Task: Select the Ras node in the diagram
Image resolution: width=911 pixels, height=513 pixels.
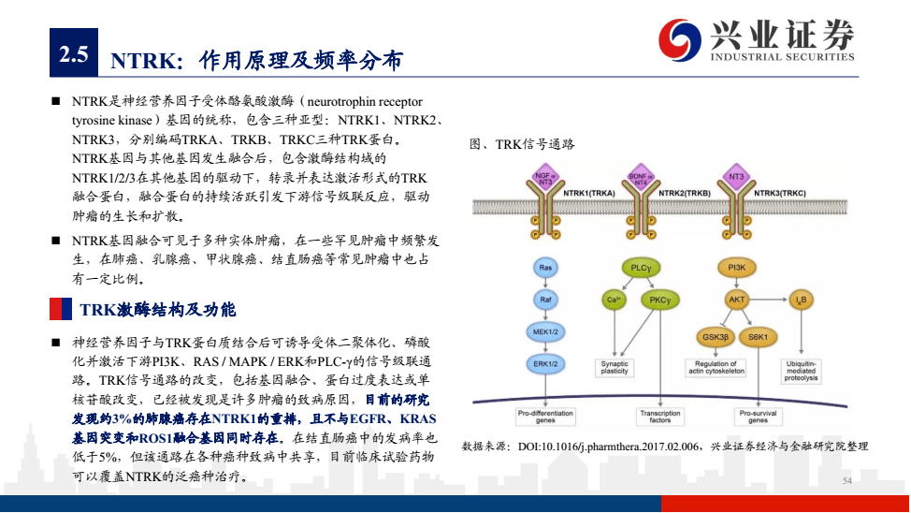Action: (545, 268)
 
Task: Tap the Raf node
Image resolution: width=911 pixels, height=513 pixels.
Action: (545, 300)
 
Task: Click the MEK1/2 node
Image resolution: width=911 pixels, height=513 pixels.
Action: (545, 330)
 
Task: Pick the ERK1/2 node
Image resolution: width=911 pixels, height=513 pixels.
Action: (545, 362)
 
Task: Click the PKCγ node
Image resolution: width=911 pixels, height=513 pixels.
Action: (660, 300)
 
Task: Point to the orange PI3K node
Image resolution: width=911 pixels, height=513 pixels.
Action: (736, 268)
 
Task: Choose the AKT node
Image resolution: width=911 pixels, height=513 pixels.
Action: (736, 300)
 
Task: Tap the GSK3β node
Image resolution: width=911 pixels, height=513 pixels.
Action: (716, 335)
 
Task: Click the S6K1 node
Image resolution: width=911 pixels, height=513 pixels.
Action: (757, 335)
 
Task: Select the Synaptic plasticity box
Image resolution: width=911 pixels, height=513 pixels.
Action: (615, 368)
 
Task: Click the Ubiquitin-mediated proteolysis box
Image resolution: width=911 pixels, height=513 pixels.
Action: (802, 372)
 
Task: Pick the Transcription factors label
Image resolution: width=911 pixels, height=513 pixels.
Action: (660, 416)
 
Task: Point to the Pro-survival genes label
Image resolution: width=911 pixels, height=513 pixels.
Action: (757, 416)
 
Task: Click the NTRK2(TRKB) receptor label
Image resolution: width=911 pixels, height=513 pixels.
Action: (685, 193)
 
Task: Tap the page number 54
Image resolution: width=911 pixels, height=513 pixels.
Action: (847, 480)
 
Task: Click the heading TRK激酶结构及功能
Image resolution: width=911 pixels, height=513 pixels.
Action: (157, 309)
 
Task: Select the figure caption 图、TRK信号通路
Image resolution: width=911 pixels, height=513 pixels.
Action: (522, 144)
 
